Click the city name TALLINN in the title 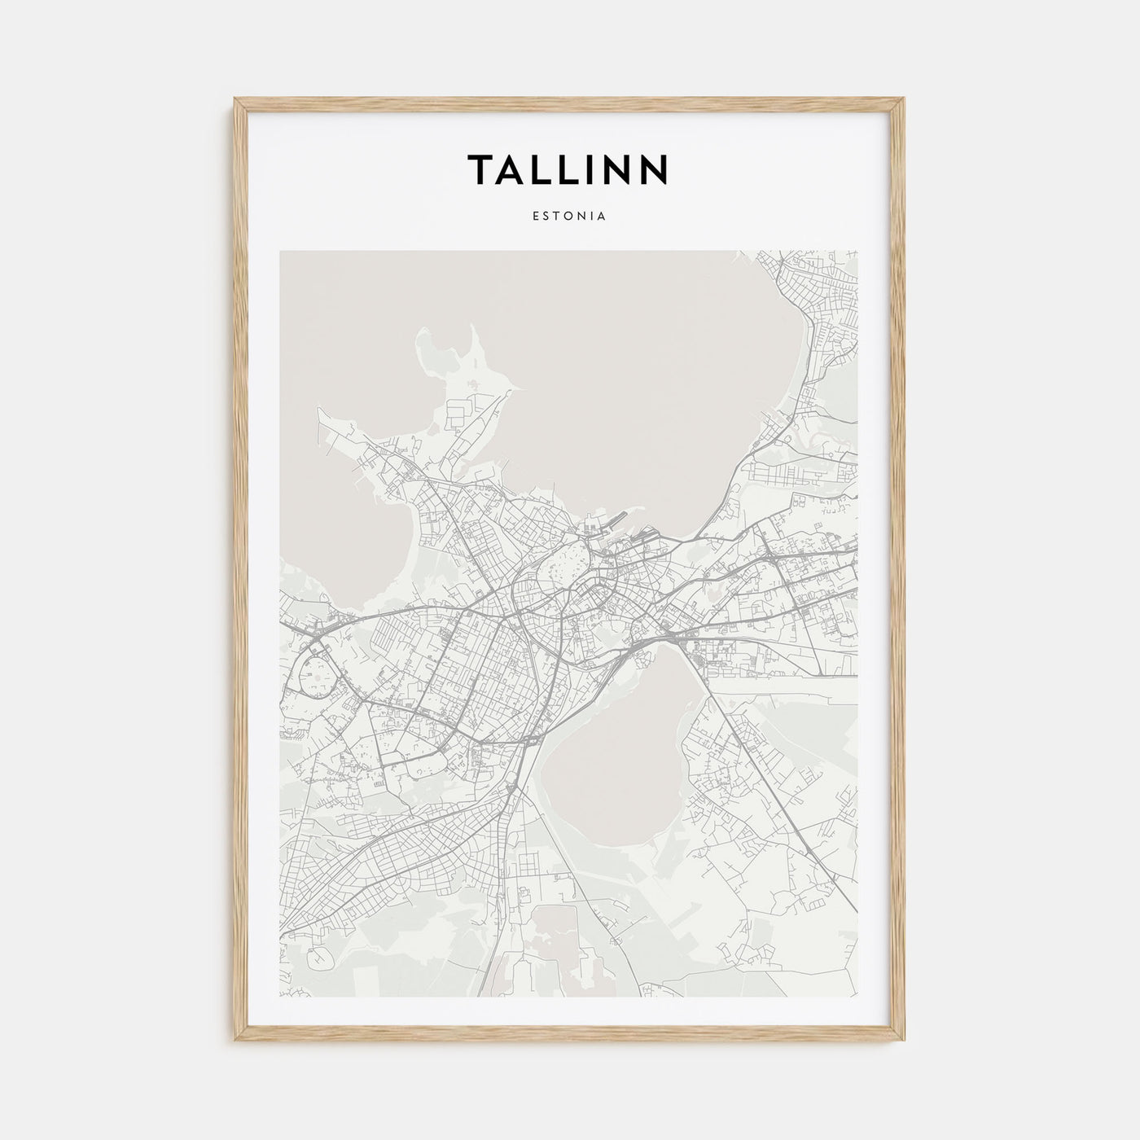(568, 169)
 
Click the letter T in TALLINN (480, 169)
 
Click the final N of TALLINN (654, 169)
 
